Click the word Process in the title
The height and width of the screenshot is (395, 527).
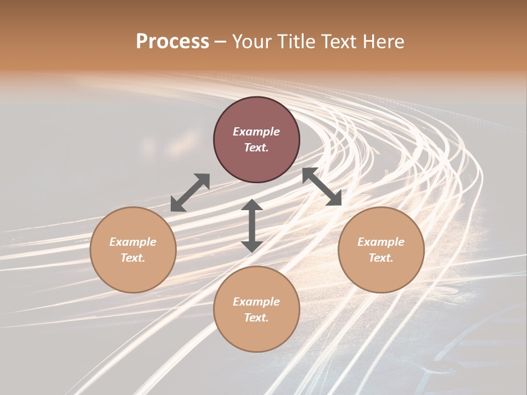tap(172, 42)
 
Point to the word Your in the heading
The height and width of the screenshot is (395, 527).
tap(251, 42)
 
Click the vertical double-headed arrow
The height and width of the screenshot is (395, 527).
tap(252, 225)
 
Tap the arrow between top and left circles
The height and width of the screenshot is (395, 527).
tap(190, 193)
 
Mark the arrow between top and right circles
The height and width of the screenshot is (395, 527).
tap(322, 187)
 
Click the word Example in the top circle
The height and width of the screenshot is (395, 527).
tap(256, 132)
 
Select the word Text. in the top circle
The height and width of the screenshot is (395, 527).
tap(256, 148)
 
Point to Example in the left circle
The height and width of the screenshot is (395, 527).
tap(133, 242)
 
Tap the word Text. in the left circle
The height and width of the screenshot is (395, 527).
tap(133, 258)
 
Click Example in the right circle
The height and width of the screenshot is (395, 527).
tap(381, 242)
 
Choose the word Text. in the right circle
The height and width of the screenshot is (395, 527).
tap(381, 258)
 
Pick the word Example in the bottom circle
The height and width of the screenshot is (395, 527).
tap(256, 302)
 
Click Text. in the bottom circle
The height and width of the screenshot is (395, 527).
tap(256, 318)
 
